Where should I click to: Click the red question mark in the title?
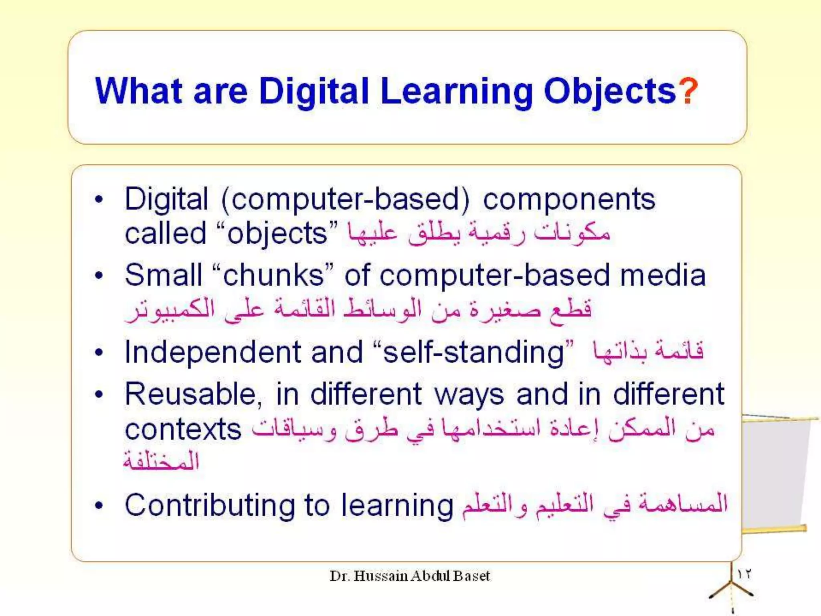[688, 91]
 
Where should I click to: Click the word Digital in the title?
[313, 91]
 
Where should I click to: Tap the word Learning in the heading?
[456, 91]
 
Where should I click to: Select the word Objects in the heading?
[609, 91]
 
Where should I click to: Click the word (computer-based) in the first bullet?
[345, 200]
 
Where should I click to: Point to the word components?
[569, 200]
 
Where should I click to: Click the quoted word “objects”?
[277, 234]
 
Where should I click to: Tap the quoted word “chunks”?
[273, 276]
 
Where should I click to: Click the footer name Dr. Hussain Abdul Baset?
[410, 576]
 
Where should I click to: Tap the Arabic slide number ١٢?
[744, 574]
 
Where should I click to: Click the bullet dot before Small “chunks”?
[99, 276]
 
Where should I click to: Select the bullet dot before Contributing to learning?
[99, 505]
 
